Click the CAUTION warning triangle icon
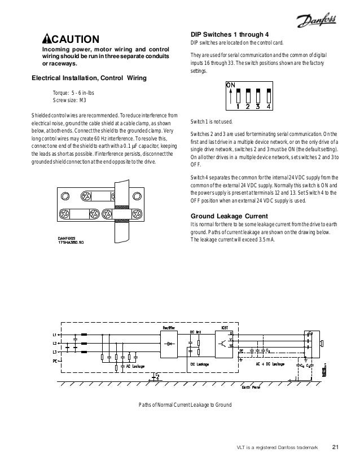coord(47,39)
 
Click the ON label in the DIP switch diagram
coord(230,85)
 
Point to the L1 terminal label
coord(54,335)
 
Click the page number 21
coord(335,449)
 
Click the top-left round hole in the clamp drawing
coord(65,197)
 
